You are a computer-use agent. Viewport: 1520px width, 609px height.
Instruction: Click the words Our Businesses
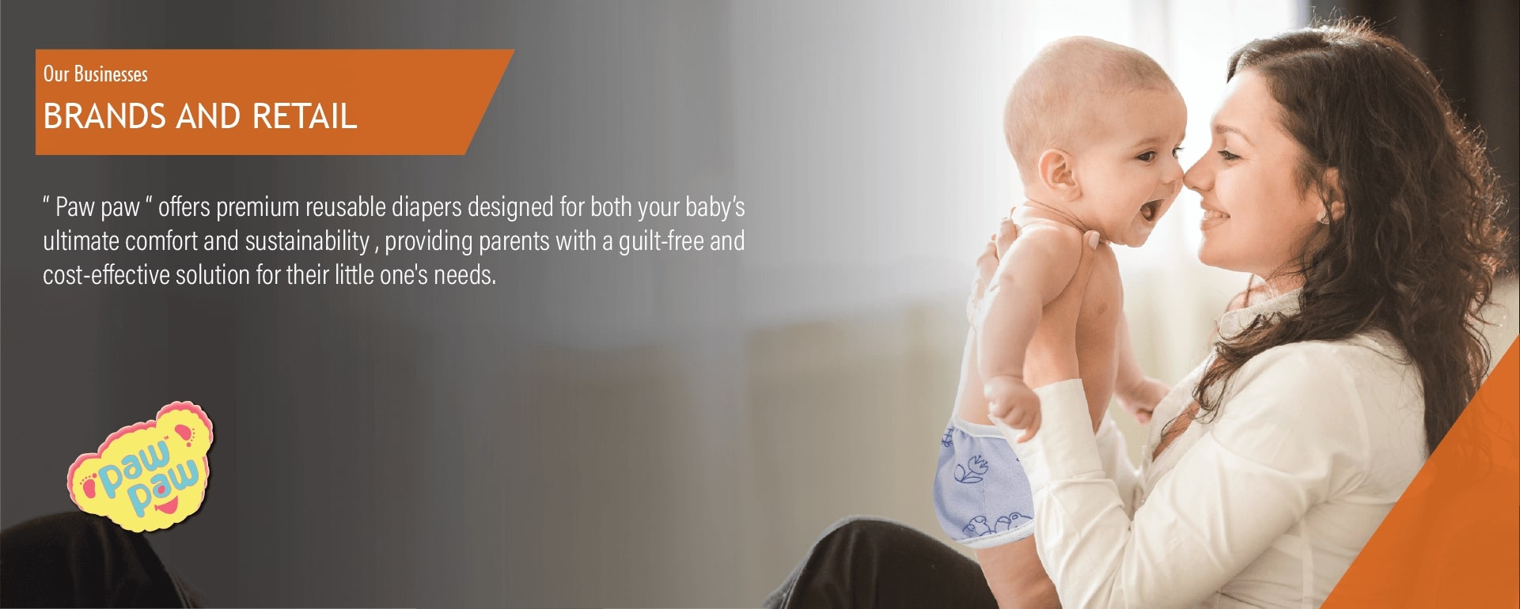coord(95,74)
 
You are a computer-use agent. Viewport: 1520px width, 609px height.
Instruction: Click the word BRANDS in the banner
coord(104,116)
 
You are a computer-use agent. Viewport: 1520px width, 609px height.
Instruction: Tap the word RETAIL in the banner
coord(305,116)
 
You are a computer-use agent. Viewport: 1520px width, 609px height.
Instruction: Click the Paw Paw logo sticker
coord(141,467)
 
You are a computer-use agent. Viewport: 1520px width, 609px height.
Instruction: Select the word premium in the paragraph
coord(257,207)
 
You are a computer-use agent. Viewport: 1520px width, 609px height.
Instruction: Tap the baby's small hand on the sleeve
coord(1011,405)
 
